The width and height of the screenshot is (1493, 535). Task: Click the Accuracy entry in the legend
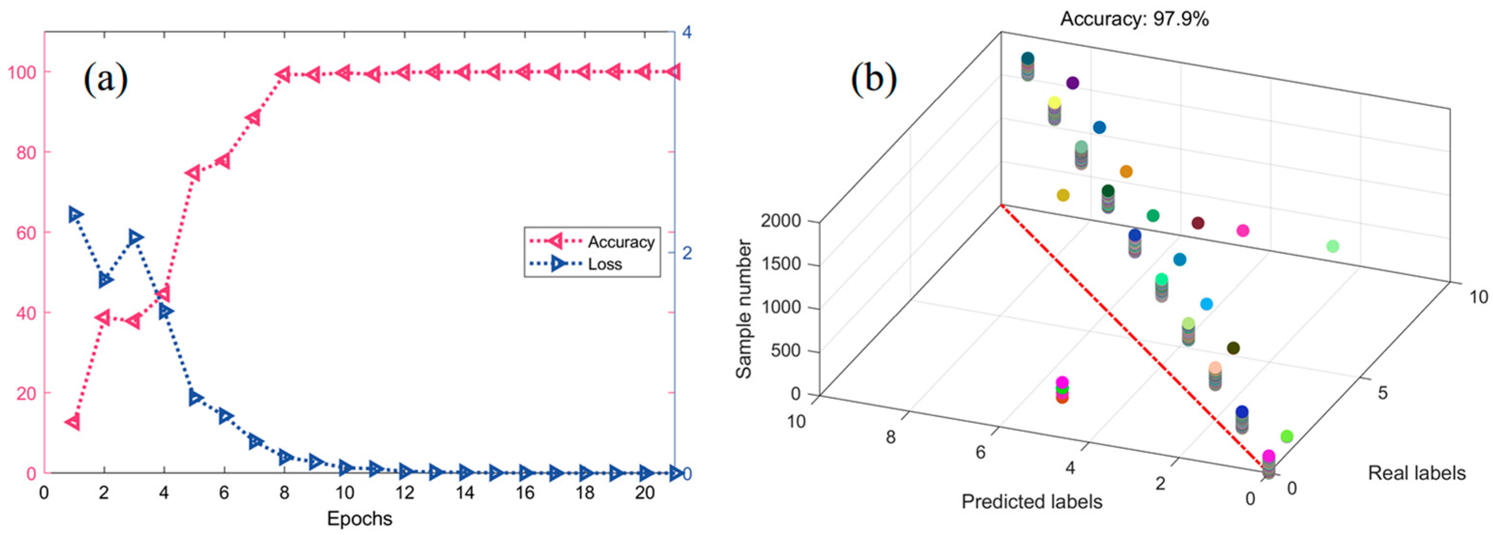pos(620,241)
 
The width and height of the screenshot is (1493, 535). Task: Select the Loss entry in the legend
pos(604,264)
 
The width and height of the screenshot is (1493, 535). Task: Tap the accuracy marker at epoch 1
pos(73,422)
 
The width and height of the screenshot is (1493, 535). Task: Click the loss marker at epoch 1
pos(75,215)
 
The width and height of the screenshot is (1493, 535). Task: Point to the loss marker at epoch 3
pos(135,238)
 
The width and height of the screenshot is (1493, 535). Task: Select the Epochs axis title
pos(359,518)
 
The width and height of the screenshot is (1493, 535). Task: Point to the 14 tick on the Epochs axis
pos(464,493)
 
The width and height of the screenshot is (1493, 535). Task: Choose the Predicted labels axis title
pos(1032,501)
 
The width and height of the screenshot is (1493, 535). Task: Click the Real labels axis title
pos(1417,473)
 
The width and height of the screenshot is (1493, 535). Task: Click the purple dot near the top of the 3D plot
pos(1072,83)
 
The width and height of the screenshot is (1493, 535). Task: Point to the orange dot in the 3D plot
pos(1125,171)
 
